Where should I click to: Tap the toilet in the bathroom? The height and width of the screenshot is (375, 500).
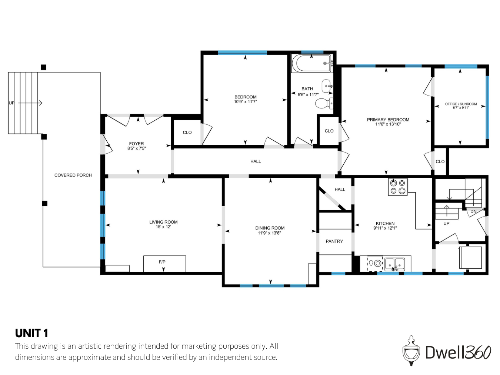pyautogui.click(x=324, y=103)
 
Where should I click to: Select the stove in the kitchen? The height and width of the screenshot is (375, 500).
pyautogui.click(x=397, y=187)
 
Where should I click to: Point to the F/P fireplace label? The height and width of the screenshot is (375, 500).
pyautogui.click(x=162, y=262)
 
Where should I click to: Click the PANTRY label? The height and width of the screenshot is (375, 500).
pyautogui.click(x=334, y=241)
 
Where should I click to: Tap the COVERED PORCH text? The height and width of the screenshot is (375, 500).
pyautogui.click(x=73, y=175)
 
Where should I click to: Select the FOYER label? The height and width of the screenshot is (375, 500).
pyautogui.click(x=136, y=144)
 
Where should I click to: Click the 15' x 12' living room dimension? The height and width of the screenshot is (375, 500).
pyautogui.click(x=163, y=227)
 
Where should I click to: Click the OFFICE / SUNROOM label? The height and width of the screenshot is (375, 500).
pyautogui.click(x=461, y=104)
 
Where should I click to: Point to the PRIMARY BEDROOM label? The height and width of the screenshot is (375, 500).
pyautogui.click(x=388, y=120)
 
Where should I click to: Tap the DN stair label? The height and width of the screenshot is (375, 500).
pyautogui.click(x=473, y=212)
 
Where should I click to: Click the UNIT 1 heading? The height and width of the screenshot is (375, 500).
pyautogui.click(x=31, y=333)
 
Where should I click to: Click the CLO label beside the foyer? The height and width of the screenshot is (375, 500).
pyautogui.click(x=187, y=133)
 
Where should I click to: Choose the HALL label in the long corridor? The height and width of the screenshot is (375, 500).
pyautogui.click(x=256, y=161)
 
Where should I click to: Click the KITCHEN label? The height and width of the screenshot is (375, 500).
pyautogui.click(x=385, y=223)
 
